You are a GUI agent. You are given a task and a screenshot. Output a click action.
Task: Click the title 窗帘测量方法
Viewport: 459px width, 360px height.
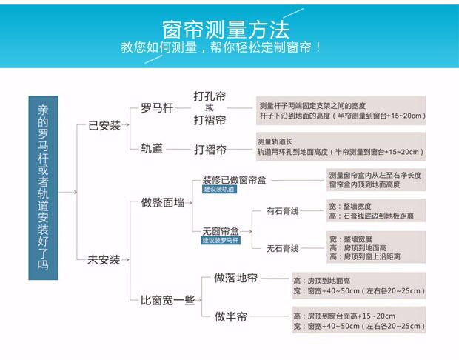[225, 29]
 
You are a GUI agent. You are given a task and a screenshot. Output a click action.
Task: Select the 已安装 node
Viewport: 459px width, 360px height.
[104, 126]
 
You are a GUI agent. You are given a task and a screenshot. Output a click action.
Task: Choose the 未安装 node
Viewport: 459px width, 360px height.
[104, 260]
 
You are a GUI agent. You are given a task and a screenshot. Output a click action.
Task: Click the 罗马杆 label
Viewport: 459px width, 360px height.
[157, 107]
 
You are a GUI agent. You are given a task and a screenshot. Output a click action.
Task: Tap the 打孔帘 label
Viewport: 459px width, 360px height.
[210, 96]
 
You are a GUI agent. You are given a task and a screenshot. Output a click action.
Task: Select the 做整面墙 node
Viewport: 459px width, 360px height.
[163, 202]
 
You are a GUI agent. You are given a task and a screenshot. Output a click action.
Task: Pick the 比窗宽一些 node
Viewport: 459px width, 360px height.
[168, 300]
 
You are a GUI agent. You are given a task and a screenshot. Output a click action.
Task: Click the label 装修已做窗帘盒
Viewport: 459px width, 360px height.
[234, 179]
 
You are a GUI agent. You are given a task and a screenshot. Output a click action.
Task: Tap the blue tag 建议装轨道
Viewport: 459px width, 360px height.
[219, 190]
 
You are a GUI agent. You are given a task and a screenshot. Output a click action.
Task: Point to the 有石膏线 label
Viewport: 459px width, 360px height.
[282, 211]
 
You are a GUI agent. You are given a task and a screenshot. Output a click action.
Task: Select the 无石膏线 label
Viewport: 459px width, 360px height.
[282, 247]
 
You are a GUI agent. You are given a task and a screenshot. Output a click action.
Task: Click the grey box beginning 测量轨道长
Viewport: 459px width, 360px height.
[340, 147]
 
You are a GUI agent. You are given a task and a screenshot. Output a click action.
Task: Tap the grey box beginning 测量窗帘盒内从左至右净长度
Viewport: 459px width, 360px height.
[376, 179]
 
